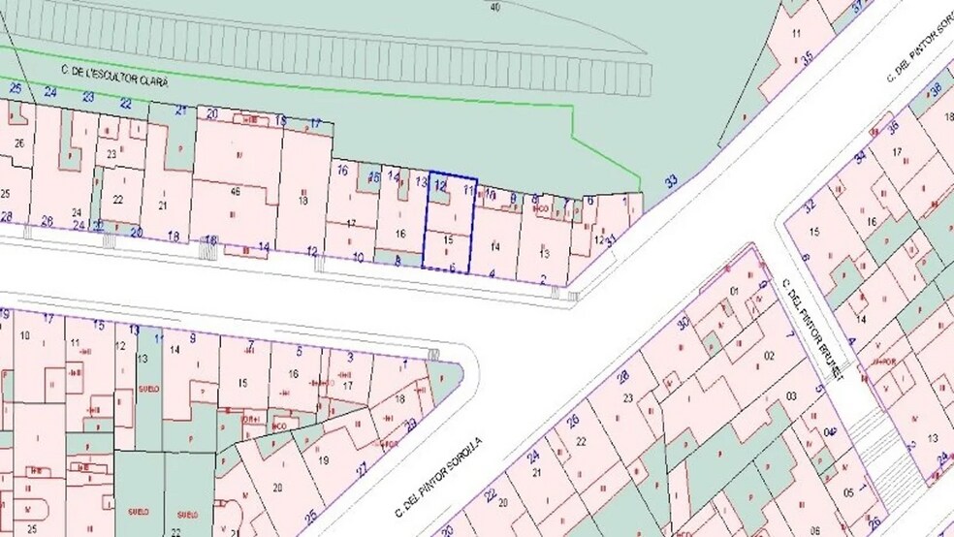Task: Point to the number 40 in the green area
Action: click(x=496, y=7)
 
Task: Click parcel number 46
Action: click(x=236, y=192)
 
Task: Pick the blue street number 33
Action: click(x=671, y=181)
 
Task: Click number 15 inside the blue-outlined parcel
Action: click(x=448, y=238)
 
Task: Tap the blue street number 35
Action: click(x=808, y=58)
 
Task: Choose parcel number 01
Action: click(x=734, y=292)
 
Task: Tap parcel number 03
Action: click(x=791, y=395)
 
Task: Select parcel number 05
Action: click(x=848, y=493)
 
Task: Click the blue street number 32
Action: click(x=810, y=205)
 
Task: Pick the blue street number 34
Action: click(x=859, y=157)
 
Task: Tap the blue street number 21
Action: click(x=180, y=111)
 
